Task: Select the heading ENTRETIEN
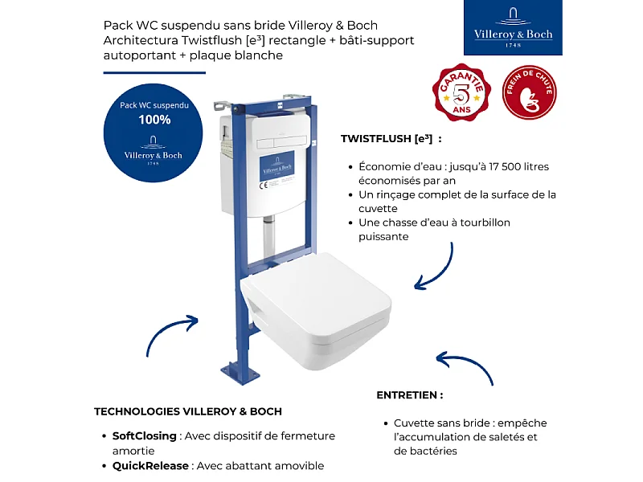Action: pos(409,395)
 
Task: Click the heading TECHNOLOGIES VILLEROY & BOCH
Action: pos(188,411)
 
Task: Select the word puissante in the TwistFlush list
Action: pos(383,237)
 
